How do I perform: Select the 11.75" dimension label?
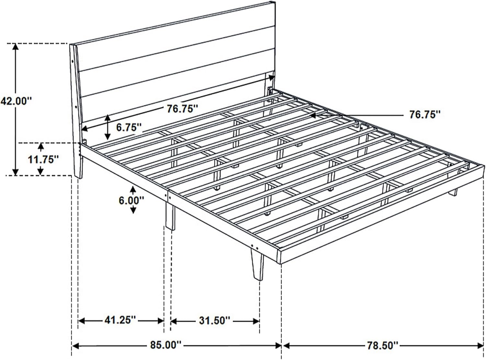[x=44, y=159]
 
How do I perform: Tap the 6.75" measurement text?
[x=129, y=127]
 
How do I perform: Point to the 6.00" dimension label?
[x=132, y=200]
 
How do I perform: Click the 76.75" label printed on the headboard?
[x=182, y=109]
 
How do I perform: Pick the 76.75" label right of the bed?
[x=425, y=115]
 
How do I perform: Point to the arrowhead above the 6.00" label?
[x=133, y=189]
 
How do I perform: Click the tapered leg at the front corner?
[x=257, y=265]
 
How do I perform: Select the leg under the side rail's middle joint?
[x=170, y=216]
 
